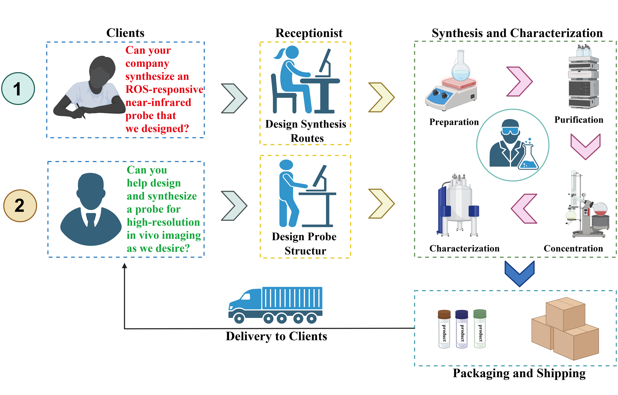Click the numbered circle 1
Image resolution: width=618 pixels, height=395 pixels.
(18, 89)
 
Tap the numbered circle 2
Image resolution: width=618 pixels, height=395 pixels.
(20, 205)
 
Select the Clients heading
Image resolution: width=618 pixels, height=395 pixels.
(125, 33)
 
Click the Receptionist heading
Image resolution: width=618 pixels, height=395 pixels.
(309, 33)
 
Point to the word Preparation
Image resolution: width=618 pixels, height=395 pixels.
(454, 122)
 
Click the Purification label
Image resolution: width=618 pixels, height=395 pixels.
(579, 120)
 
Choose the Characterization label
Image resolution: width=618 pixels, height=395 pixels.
(464, 248)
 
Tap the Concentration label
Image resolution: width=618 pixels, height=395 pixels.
(573, 248)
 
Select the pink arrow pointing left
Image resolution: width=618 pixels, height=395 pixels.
(524, 209)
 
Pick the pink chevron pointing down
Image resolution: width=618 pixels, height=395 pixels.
(585, 146)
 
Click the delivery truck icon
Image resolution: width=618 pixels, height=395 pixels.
(275, 305)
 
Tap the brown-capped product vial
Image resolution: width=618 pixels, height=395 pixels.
(444, 329)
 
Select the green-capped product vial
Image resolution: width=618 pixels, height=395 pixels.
(480, 329)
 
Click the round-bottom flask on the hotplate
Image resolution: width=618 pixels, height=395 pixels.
(461, 67)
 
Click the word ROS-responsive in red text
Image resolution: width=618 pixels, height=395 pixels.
(164, 89)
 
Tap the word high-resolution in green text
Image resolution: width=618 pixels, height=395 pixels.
(163, 222)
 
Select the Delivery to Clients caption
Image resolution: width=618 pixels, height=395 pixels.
(276, 336)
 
